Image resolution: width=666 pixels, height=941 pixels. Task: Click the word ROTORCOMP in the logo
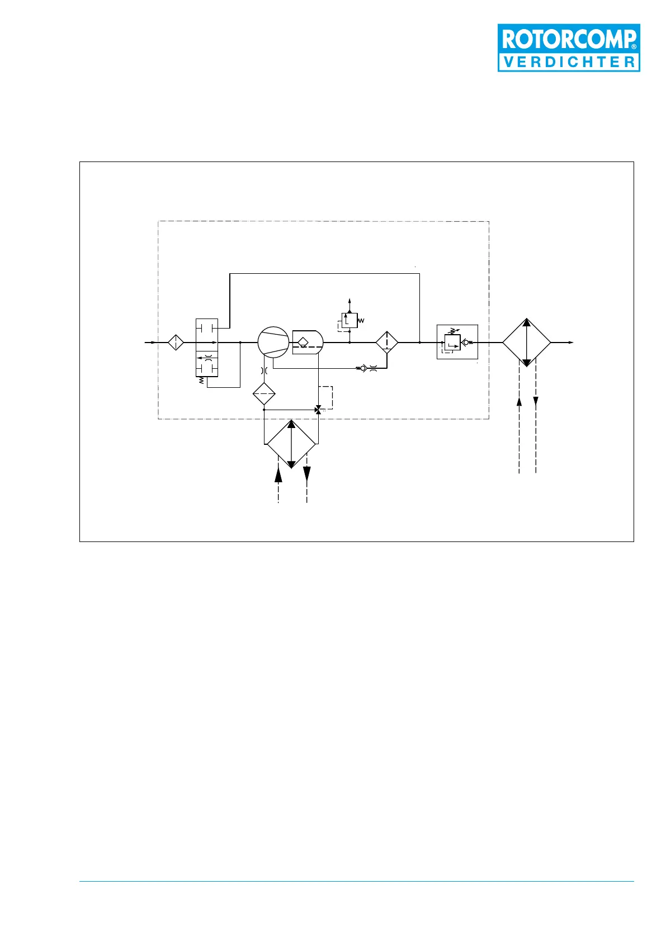point(568,39)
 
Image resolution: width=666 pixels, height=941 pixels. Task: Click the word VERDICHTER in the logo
point(569,62)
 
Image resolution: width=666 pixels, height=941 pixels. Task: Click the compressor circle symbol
point(273,342)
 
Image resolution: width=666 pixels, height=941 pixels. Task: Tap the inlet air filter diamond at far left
point(176,342)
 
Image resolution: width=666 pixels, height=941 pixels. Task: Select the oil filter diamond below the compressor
point(264,394)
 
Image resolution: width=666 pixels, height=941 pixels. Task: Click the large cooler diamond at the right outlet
point(526,343)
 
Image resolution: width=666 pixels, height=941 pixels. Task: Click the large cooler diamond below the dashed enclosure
point(291,444)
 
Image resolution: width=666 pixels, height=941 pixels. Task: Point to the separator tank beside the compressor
point(308,342)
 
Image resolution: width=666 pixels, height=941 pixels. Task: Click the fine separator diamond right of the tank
point(387,342)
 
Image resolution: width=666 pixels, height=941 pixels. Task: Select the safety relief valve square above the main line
point(349,321)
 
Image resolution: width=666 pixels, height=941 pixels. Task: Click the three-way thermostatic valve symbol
point(318,410)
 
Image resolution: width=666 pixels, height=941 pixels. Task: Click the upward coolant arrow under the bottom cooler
point(278,474)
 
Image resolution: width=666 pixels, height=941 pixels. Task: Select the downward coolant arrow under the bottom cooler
point(307,474)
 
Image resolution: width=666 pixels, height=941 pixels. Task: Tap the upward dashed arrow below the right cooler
point(519,401)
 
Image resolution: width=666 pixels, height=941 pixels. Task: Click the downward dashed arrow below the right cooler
point(536,401)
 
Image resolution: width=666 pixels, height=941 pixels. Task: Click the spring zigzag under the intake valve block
point(201,381)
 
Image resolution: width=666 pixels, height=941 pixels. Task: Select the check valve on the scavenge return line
point(363,368)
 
